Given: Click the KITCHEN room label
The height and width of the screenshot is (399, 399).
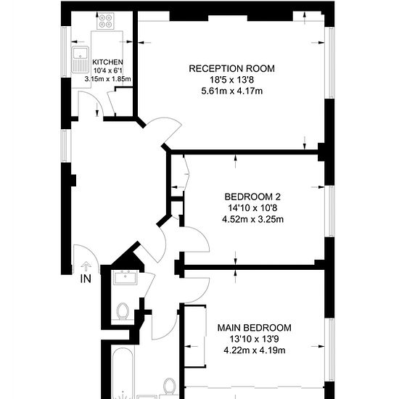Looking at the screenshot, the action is (x=107, y=62).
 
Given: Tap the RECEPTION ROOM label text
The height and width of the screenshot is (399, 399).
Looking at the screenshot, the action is (x=232, y=69).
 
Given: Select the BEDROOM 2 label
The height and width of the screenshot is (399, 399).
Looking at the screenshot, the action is (x=252, y=197).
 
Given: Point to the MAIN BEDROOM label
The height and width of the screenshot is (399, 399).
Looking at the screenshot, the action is (x=254, y=328).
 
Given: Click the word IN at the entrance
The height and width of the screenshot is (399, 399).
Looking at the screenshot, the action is (x=86, y=279).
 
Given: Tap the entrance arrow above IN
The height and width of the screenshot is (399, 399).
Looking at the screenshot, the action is (x=86, y=266).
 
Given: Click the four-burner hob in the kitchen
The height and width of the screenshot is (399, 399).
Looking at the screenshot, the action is (x=105, y=21).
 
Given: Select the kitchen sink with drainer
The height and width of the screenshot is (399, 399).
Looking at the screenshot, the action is (x=80, y=59).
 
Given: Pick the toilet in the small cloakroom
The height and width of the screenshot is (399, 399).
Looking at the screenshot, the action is (x=123, y=310).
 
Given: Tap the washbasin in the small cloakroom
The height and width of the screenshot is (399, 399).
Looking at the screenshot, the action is (x=126, y=278).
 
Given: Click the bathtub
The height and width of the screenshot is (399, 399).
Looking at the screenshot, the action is (x=123, y=374).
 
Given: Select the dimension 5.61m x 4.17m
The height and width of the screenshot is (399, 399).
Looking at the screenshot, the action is (x=232, y=91).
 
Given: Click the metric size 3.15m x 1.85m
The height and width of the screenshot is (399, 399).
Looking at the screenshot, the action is (x=107, y=79).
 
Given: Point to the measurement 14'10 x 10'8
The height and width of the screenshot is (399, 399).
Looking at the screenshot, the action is (x=252, y=208).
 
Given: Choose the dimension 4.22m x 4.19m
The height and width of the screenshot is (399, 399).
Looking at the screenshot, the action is (x=255, y=350).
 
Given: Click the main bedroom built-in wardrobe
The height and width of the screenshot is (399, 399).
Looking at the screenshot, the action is (x=195, y=336).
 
